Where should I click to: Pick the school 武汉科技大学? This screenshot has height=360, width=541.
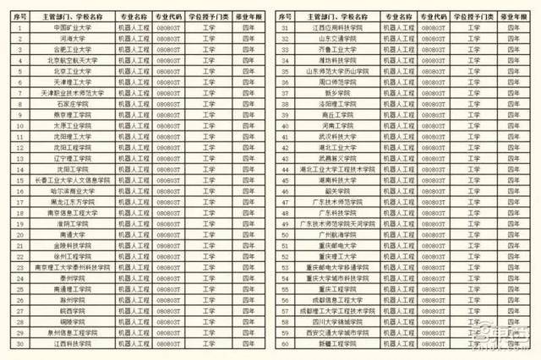(x=336, y=136)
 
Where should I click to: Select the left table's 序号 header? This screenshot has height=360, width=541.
(x=18, y=15)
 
